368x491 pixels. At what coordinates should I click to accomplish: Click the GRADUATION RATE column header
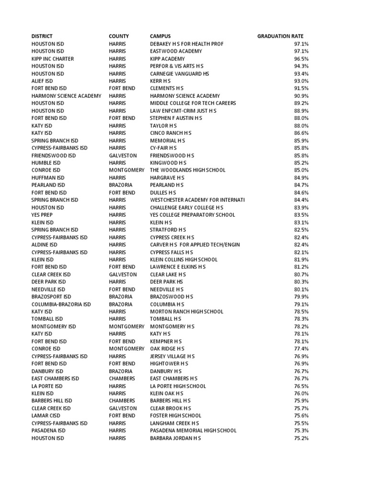(280, 36)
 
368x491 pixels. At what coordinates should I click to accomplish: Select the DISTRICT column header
(42, 36)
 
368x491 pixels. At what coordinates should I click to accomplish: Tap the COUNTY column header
(119, 36)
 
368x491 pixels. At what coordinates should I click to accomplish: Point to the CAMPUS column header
(160, 36)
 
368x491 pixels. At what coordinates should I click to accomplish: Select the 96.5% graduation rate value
(301, 59)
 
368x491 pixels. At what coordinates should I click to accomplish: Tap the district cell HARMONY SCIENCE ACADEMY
(67, 96)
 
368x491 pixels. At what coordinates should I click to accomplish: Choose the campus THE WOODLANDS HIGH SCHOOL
(187, 170)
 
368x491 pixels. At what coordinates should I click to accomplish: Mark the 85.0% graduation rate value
(301, 170)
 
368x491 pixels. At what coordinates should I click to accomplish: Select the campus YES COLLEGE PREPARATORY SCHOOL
(193, 215)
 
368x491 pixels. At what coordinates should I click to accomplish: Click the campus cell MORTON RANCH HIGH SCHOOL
(186, 312)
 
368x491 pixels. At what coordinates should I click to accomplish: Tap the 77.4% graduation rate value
(301, 349)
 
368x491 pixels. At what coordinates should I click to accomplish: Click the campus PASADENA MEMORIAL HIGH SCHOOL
(193, 431)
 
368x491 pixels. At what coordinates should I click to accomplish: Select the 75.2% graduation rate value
(301, 438)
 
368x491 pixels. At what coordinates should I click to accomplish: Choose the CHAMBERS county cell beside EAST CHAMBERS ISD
(122, 378)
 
